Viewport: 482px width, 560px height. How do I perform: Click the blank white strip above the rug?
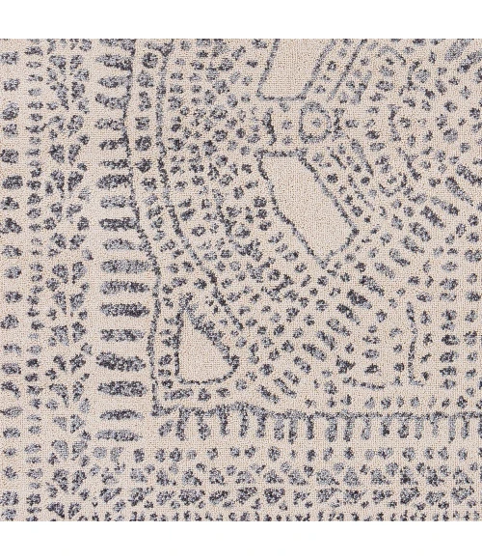click(241, 19)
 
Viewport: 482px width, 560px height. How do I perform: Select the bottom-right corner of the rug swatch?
click(481, 520)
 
